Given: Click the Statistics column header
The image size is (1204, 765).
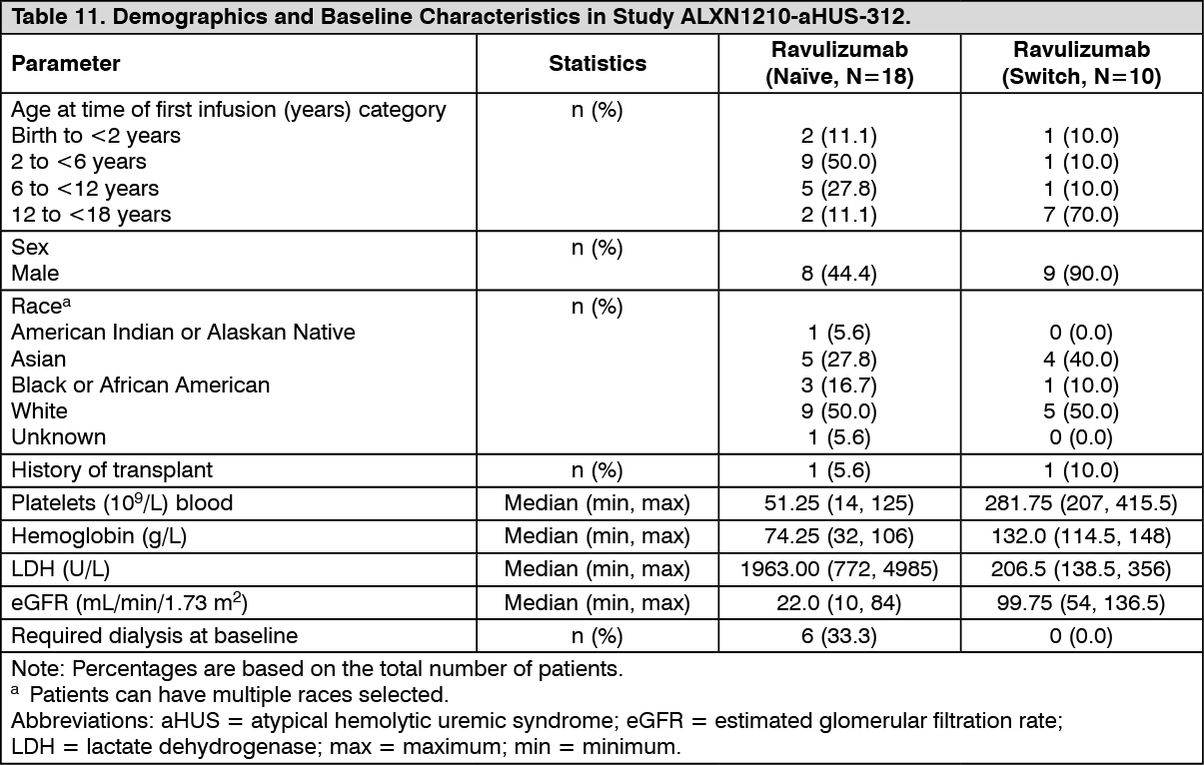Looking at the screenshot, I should (x=598, y=64).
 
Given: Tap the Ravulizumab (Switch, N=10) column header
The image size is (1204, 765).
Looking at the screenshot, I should (x=1081, y=64).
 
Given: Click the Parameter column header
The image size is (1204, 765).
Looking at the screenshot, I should (x=66, y=64).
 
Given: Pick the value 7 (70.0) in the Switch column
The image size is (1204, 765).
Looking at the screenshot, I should (x=1081, y=215).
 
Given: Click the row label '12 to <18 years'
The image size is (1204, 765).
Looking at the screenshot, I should (x=91, y=215).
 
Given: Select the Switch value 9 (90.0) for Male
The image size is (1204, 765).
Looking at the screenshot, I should (x=1081, y=274).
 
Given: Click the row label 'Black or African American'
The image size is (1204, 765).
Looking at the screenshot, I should (x=140, y=385).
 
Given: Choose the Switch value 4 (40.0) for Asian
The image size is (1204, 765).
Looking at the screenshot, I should (x=1081, y=360).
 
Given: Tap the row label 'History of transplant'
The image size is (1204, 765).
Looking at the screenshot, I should (x=112, y=469).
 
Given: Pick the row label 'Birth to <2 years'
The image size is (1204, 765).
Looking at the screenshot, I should (x=96, y=136).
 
